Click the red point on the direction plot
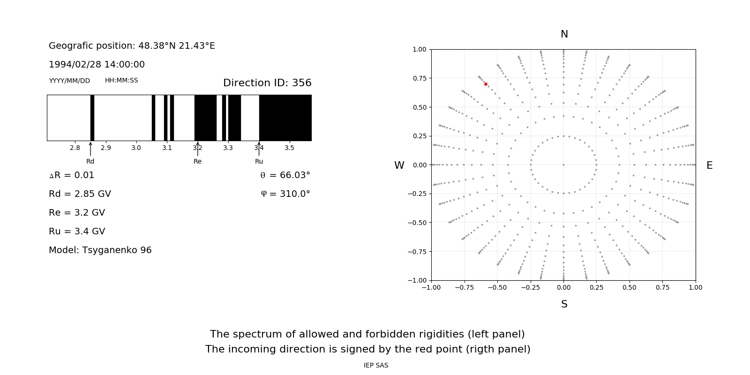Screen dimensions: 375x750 point(486,84)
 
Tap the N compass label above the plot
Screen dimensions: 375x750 point(564,34)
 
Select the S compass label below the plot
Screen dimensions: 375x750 point(564,304)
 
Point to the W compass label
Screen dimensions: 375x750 point(399,165)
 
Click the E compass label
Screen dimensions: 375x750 point(709,165)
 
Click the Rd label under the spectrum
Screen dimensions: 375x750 point(90,161)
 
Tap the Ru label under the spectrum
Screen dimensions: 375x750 point(259,161)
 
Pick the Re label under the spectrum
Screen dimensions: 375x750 point(197,161)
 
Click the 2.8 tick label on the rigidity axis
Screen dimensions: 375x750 point(75,148)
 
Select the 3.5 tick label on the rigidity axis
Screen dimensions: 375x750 point(289,148)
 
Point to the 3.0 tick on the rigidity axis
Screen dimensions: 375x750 point(136,148)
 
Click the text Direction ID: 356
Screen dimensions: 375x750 point(267,83)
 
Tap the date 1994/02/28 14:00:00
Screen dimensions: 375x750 point(97,65)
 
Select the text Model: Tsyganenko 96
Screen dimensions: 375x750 point(100,250)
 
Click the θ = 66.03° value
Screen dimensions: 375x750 point(285,175)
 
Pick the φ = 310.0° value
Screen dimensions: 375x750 point(285,194)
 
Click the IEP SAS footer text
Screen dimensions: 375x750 point(375,365)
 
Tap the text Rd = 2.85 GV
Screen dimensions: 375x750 point(80,194)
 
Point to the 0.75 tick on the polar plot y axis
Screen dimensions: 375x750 point(419,78)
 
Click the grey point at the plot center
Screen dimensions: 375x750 point(563,165)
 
